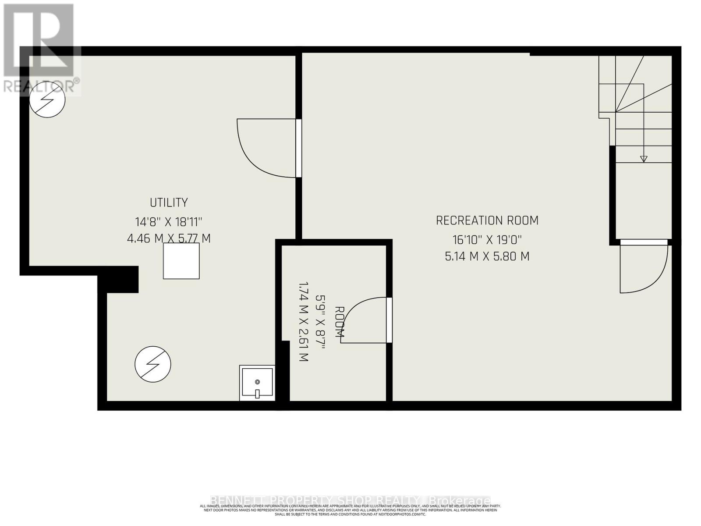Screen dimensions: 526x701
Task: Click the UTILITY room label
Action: click(169, 203)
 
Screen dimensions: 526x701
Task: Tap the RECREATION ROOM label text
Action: click(487, 220)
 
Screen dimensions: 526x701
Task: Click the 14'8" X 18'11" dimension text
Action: click(169, 221)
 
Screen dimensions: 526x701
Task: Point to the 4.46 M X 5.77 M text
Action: click(169, 238)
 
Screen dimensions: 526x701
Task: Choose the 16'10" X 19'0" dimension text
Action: click(487, 239)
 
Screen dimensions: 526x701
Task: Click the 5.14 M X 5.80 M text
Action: click(487, 256)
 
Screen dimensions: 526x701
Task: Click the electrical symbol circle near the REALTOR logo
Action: click(47, 100)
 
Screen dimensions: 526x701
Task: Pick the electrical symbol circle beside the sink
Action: click(152, 364)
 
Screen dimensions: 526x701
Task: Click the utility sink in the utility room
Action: click(257, 383)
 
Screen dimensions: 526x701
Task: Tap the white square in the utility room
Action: click(181, 261)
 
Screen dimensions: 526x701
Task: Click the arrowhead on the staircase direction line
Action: click(643, 159)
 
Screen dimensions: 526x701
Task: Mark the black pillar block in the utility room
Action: click(123, 279)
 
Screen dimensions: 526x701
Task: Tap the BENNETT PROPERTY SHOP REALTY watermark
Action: click(350, 501)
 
